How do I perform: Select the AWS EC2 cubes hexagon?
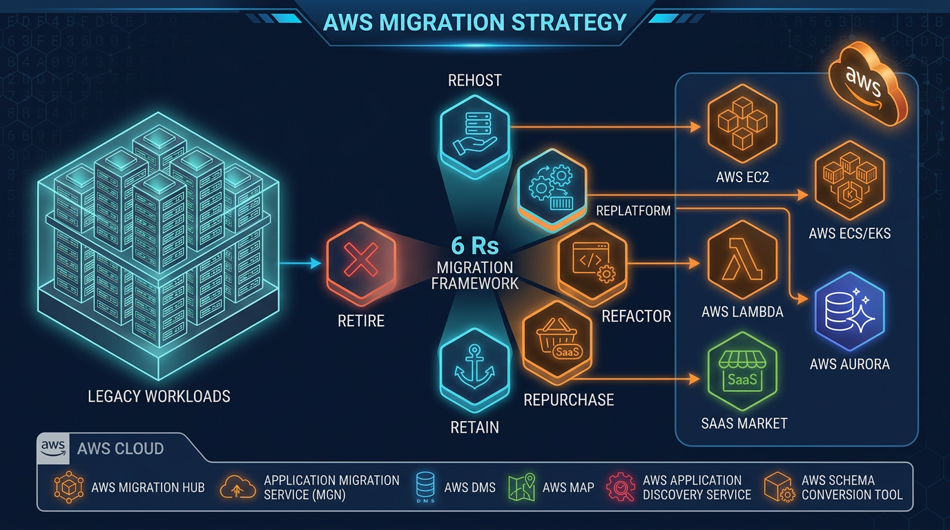point(742,125)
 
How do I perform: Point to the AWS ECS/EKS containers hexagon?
point(849,181)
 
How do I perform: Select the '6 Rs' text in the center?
point(474,246)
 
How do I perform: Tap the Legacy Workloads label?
point(159,396)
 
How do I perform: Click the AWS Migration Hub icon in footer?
point(68,487)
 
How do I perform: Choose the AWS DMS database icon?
point(425,487)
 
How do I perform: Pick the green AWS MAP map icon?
point(521,487)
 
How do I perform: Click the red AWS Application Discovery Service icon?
point(619,487)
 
